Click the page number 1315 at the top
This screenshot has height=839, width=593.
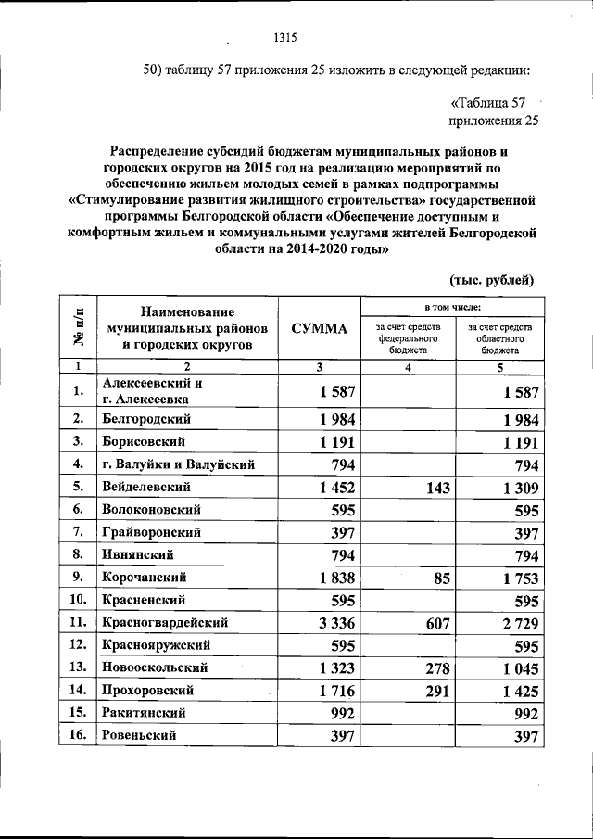tap(284, 38)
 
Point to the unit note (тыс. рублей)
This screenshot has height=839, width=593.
tap(491, 280)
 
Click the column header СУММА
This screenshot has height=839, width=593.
tap(318, 329)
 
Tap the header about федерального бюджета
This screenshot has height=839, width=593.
tap(407, 339)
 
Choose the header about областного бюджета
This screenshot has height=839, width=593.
tap(499, 339)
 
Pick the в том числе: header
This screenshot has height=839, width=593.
tap(453, 306)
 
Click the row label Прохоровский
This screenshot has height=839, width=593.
tap(149, 690)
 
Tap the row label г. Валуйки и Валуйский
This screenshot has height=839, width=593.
tap(178, 464)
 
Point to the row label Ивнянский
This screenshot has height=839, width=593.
tap(142, 554)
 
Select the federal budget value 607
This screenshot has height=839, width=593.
tap(433, 623)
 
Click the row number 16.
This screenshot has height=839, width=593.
tap(77, 735)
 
